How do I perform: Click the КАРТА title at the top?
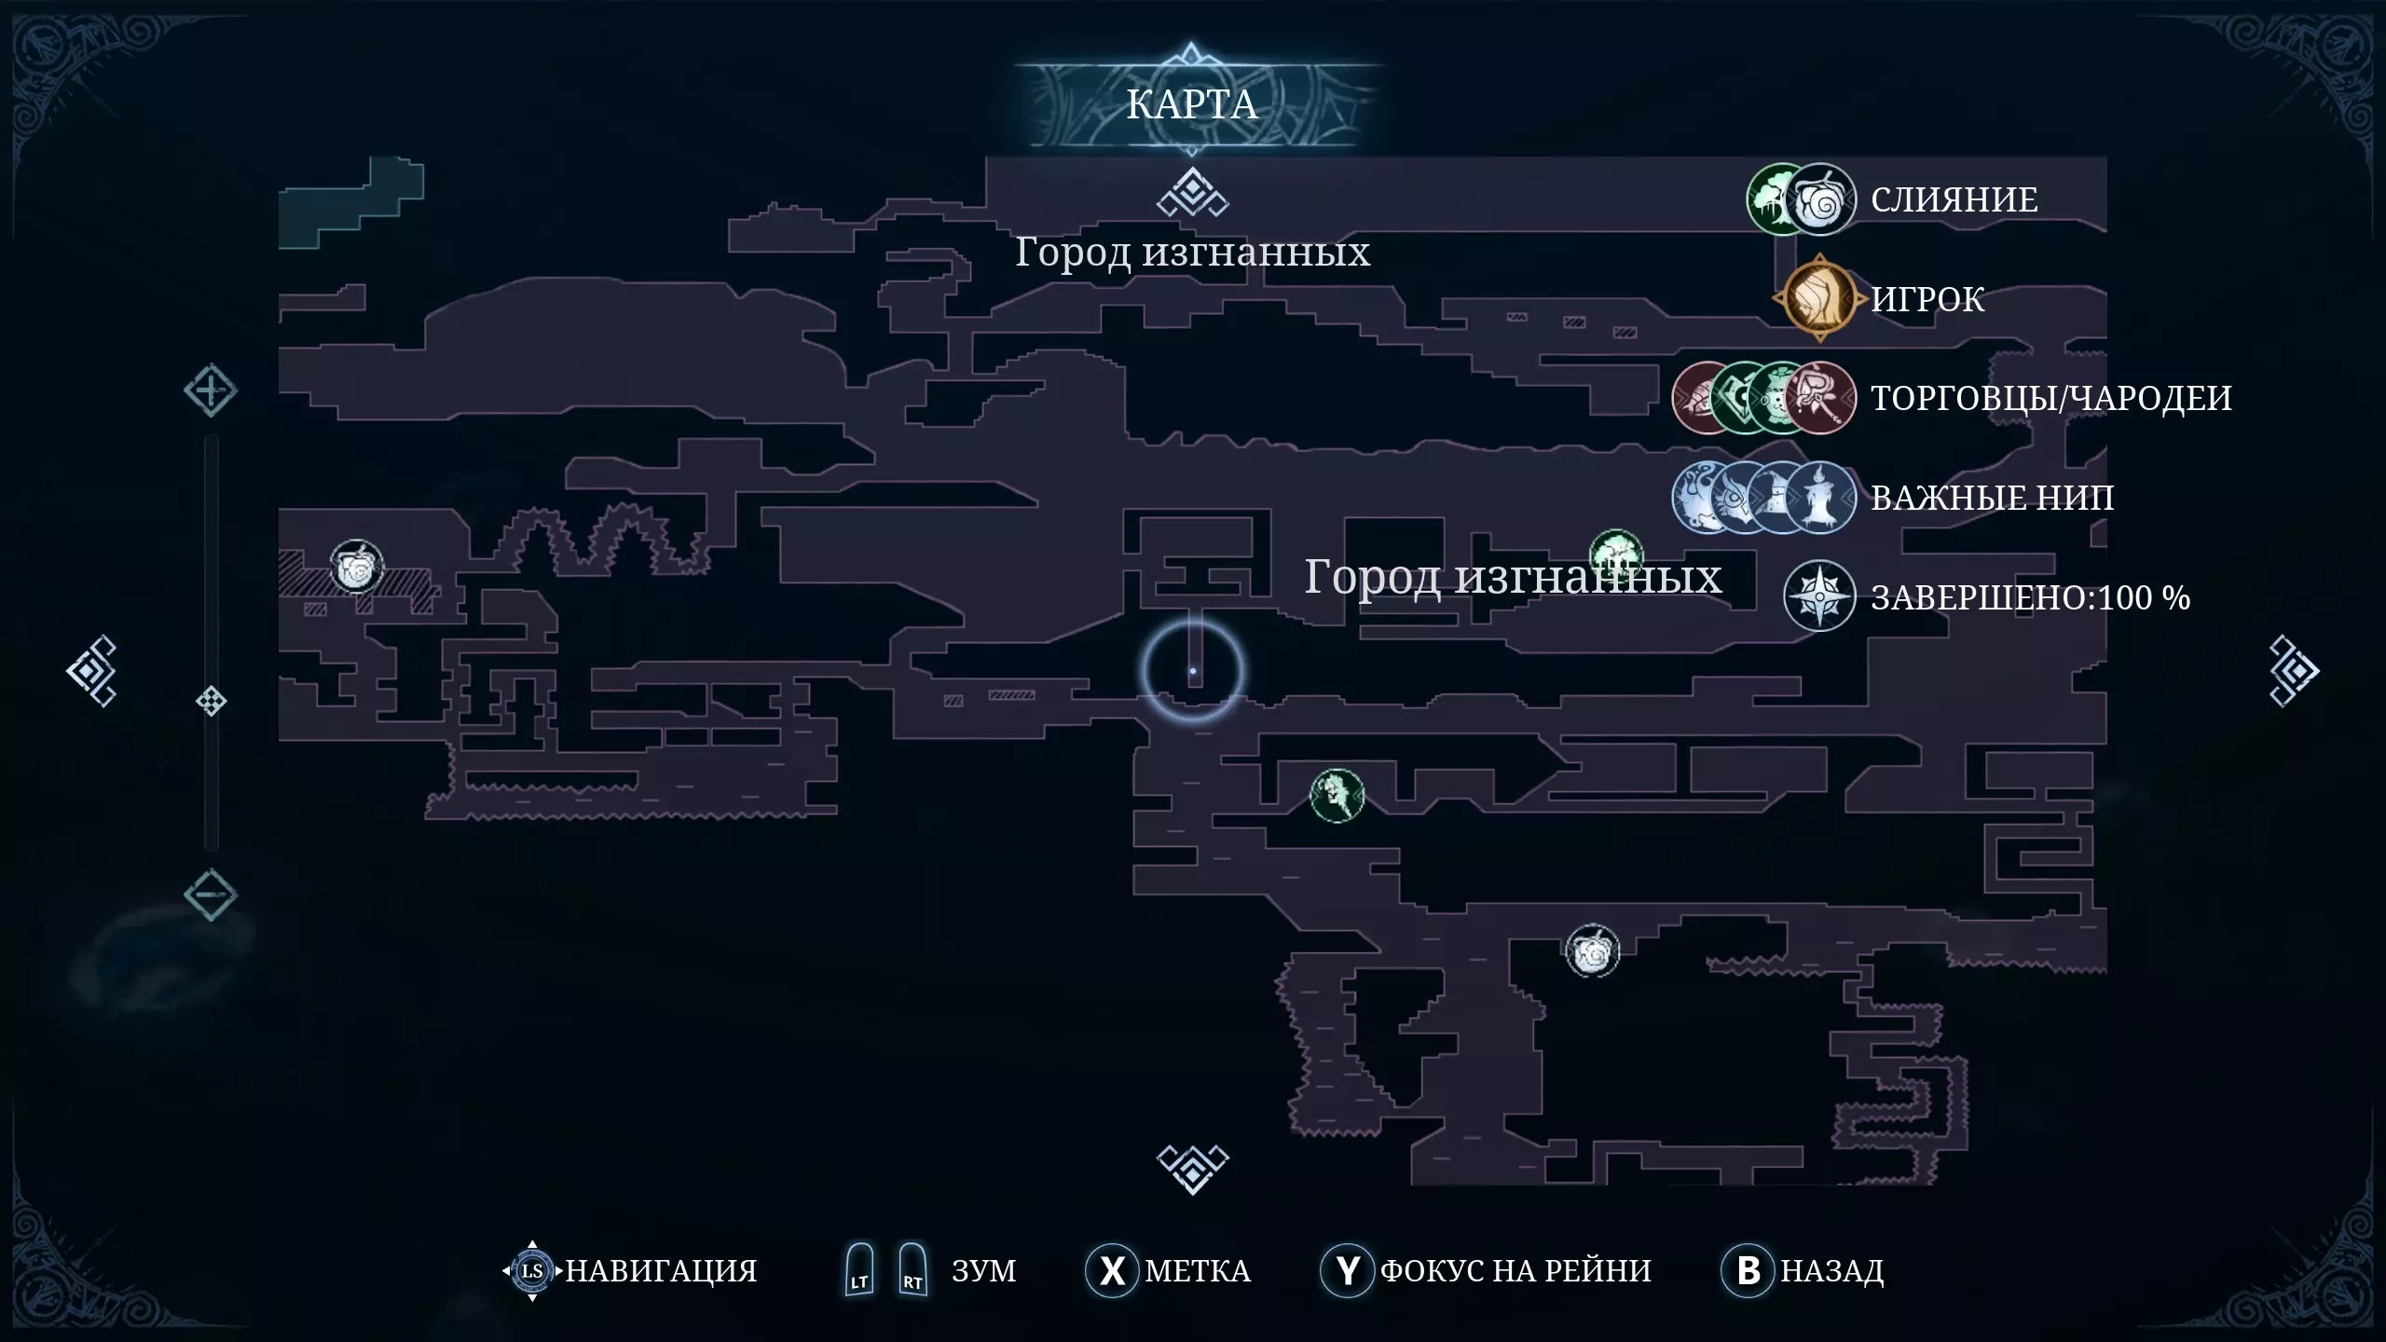point(1192,104)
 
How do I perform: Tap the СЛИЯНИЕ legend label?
point(1954,199)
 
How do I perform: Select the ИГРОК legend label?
point(1927,299)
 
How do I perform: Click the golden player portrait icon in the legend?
point(1819,299)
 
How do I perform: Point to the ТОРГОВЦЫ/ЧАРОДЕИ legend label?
point(2051,398)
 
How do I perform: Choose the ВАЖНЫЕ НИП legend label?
point(1992,498)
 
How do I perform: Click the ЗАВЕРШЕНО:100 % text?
point(2030,597)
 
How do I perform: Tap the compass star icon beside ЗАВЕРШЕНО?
point(1819,596)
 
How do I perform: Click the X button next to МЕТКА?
point(1112,1270)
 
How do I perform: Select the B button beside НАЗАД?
point(1748,1270)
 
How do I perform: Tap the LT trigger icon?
point(859,1269)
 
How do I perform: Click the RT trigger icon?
point(912,1269)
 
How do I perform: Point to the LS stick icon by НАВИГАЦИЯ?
point(532,1270)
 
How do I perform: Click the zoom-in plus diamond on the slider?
point(211,390)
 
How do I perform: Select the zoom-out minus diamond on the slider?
point(211,895)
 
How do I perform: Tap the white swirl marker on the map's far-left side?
point(356,566)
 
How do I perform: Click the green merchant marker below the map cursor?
point(1337,795)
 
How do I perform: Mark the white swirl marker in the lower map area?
point(1593,952)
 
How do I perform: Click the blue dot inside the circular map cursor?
point(1193,671)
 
